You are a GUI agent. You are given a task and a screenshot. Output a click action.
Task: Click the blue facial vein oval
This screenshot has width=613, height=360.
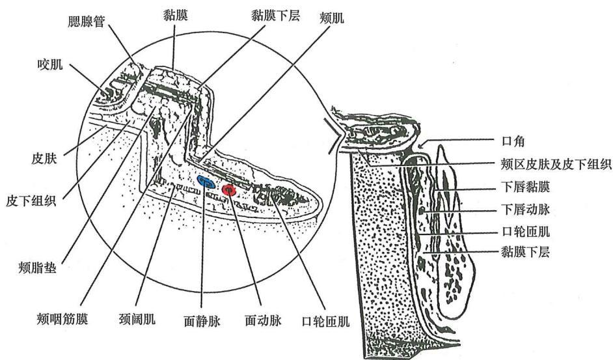click(x=206, y=182)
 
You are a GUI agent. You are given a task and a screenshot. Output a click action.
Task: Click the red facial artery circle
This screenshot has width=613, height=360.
click(x=228, y=190)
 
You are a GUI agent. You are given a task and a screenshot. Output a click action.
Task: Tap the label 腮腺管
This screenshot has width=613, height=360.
click(x=87, y=21)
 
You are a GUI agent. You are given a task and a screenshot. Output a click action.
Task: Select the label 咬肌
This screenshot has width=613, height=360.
click(x=50, y=64)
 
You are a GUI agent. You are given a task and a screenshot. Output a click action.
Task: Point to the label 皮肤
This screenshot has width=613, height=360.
click(x=44, y=158)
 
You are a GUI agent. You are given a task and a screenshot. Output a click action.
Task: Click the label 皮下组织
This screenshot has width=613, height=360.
click(x=31, y=201)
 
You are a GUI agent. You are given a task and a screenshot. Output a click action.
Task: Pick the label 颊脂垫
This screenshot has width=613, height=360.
click(x=38, y=268)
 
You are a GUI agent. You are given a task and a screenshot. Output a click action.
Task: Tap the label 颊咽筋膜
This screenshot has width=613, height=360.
click(x=62, y=319)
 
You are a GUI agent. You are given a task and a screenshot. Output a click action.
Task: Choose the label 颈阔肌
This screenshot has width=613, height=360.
click(x=137, y=319)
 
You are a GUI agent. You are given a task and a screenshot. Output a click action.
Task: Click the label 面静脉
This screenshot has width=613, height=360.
click(x=202, y=321)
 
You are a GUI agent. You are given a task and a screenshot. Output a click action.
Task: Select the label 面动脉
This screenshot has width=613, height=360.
click(x=263, y=320)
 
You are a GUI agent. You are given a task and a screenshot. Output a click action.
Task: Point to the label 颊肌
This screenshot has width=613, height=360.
click(x=332, y=18)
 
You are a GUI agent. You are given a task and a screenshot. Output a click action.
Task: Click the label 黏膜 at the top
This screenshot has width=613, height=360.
click(x=176, y=15)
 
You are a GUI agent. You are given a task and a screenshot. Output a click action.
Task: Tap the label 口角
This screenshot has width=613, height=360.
click(x=513, y=141)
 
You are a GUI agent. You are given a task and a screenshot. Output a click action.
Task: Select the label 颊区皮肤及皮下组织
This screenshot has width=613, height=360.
click(x=556, y=164)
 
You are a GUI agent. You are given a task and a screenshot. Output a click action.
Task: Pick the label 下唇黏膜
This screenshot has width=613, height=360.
click(x=525, y=187)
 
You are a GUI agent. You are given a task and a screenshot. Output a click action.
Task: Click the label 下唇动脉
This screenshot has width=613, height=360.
click(x=525, y=210)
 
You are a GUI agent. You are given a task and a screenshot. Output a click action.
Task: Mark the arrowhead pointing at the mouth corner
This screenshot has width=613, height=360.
click(x=421, y=146)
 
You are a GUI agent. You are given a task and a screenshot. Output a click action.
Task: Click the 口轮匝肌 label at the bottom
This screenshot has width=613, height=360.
click(x=325, y=322)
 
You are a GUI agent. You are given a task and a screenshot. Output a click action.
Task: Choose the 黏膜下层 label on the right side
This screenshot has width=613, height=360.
click(x=525, y=251)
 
